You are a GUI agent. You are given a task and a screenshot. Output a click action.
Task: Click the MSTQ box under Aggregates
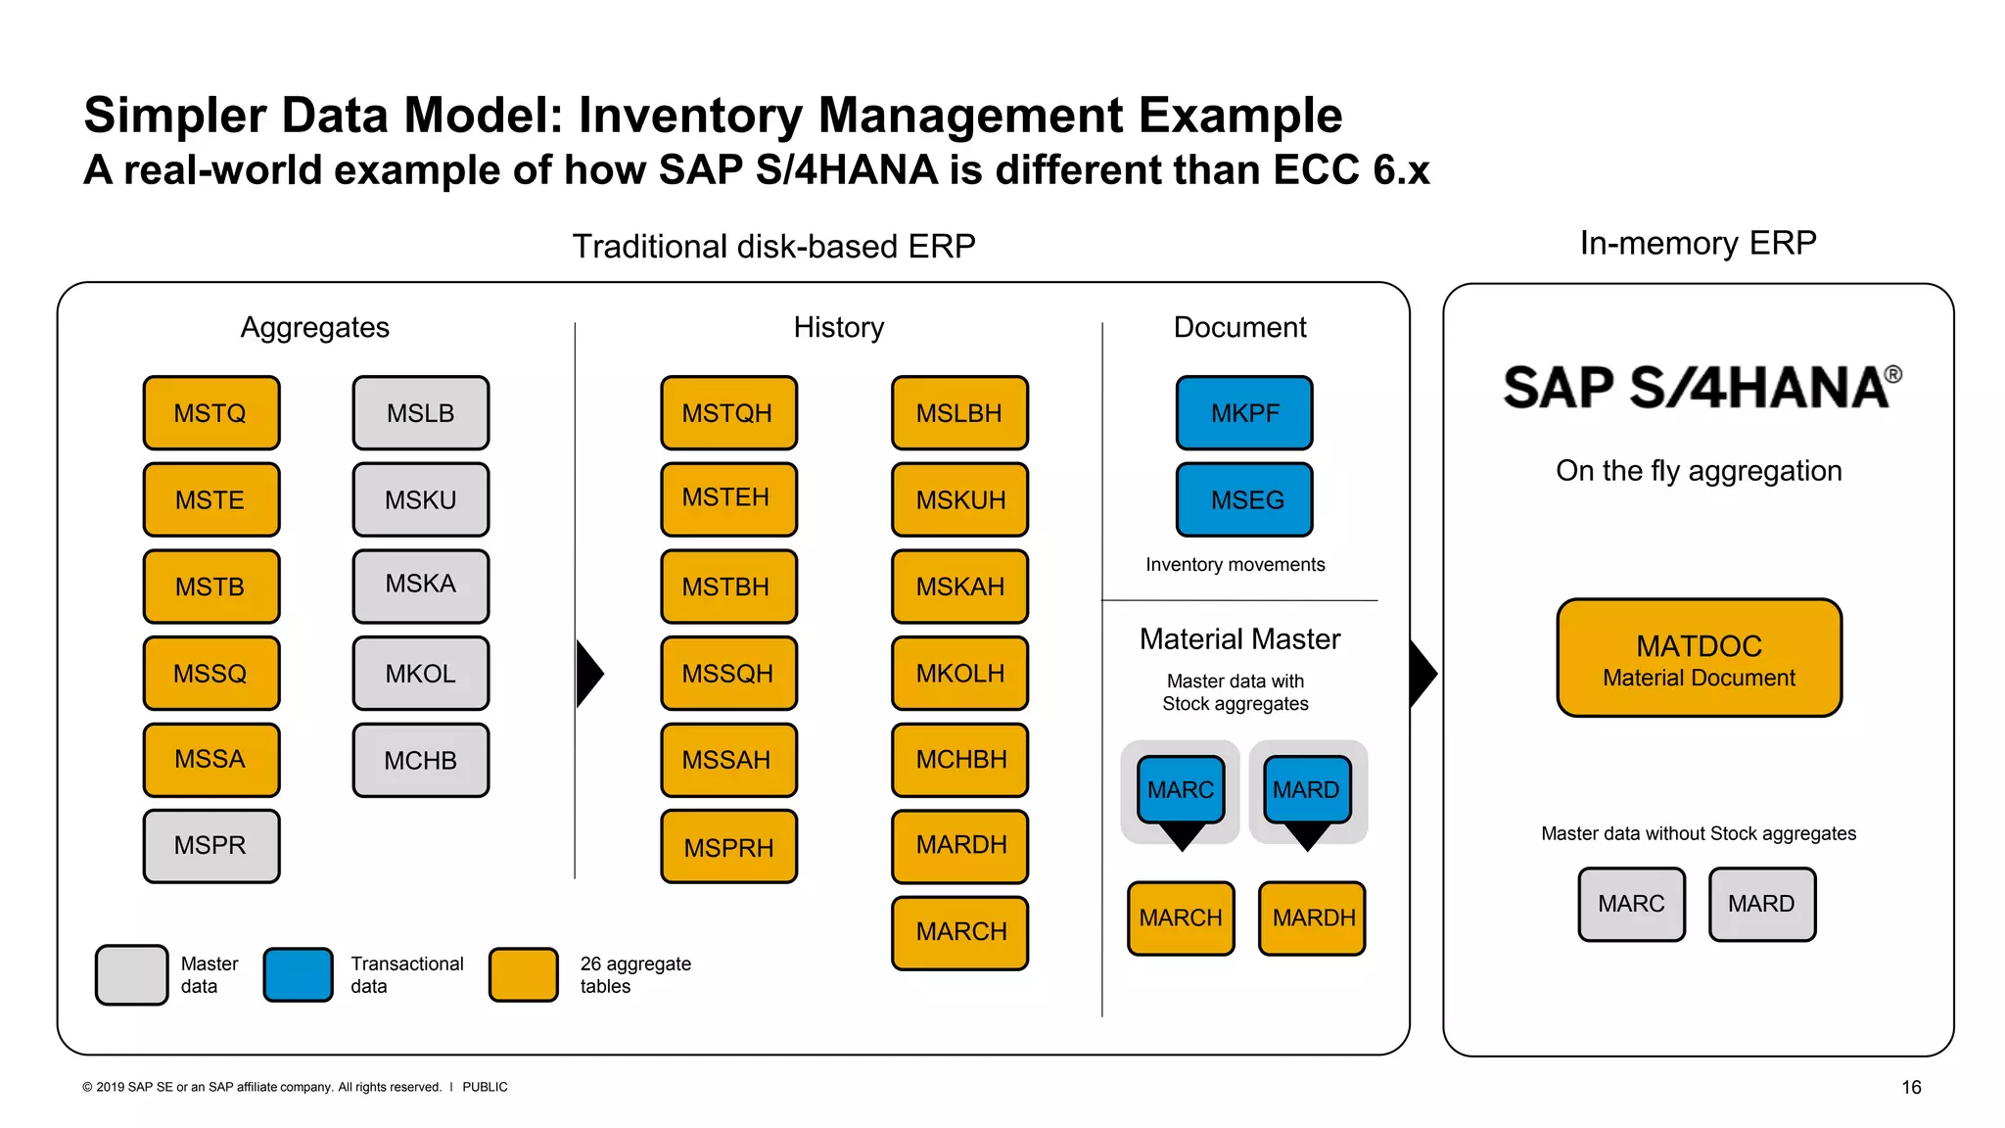tap(211, 413)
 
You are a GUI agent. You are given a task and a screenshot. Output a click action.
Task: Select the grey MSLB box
tap(421, 413)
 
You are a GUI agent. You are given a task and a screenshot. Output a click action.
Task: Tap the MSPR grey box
tap(211, 846)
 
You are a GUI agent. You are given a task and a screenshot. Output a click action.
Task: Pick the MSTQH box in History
tap(728, 413)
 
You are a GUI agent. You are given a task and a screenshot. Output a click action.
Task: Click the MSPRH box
tap(728, 847)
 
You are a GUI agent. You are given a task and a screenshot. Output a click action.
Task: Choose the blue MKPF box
tap(1244, 413)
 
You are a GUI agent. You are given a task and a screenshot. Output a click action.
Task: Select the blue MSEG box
tap(1244, 500)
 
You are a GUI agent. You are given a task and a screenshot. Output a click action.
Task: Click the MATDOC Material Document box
tap(1699, 658)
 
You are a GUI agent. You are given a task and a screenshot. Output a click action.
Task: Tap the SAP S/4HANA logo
tap(1702, 387)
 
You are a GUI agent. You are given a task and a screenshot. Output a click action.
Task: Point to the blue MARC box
tap(1181, 788)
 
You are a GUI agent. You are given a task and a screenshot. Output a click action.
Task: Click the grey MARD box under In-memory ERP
tap(1762, 904)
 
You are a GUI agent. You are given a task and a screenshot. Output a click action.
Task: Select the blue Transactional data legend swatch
tap(299, 974)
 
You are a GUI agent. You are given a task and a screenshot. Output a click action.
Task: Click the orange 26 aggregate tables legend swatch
tap(524, 974)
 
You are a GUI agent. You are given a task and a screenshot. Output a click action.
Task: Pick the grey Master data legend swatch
tap(132, 974)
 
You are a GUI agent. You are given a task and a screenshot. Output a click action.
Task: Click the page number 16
tap(1911, 1087)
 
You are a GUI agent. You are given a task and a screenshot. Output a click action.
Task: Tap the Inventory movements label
tap(1235, 565)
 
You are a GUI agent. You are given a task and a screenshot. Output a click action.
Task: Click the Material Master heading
tap(1239, 639)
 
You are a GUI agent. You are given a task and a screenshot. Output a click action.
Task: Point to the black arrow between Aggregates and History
tap(588, 674)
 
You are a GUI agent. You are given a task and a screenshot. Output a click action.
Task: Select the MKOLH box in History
tap(960, 674)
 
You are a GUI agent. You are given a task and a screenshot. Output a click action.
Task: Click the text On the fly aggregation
tap(1699, 471)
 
